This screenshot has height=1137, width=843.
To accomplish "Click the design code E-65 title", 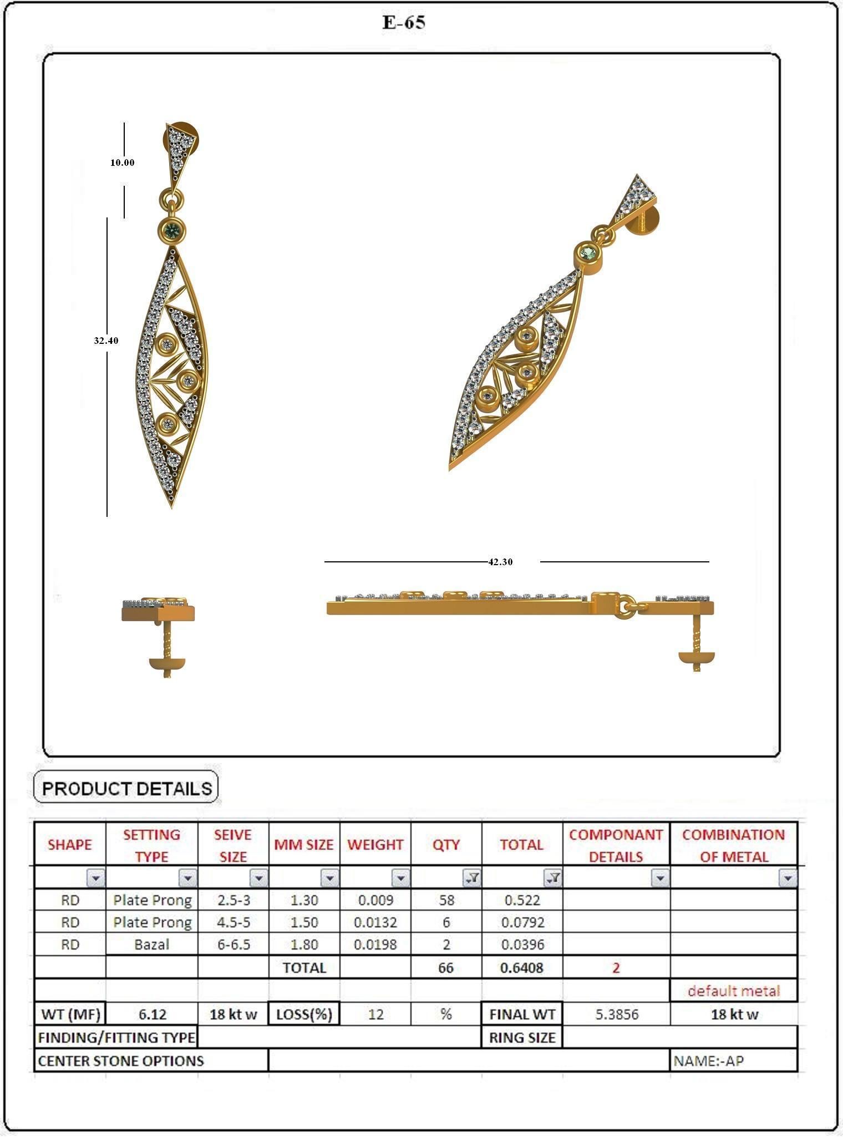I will click(404, 22).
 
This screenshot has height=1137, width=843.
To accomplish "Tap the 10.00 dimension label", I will click(122, 163).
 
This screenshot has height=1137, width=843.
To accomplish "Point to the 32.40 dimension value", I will click(106, 341).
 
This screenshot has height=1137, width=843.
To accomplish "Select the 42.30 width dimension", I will click(500, 562).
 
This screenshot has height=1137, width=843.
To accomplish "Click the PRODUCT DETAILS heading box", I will click(126, 789).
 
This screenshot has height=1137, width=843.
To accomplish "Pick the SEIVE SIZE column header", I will click(233, 845).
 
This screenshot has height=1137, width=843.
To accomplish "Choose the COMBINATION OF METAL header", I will click(733, 845).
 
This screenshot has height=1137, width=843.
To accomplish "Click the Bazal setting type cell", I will click(151, 944).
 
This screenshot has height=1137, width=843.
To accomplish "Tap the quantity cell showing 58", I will click(446, 900).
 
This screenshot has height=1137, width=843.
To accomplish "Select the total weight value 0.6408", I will click(522, 968).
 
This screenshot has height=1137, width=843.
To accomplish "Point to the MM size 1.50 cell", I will click(304, 922).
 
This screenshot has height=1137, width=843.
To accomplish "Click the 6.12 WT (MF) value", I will click(152, 1014).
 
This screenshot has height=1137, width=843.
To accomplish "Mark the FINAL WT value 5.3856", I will click(617, 1014).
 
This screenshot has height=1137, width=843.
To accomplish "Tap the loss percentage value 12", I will click(375, 1014).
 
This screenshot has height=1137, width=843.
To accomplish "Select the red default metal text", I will click(733, 991).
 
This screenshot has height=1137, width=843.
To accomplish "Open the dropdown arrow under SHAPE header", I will click(96, 878).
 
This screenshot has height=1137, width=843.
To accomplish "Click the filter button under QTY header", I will click(472, 878).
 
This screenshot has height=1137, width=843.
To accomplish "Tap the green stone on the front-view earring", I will click(172, 230).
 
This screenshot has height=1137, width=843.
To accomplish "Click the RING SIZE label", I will click(522, 1038).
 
